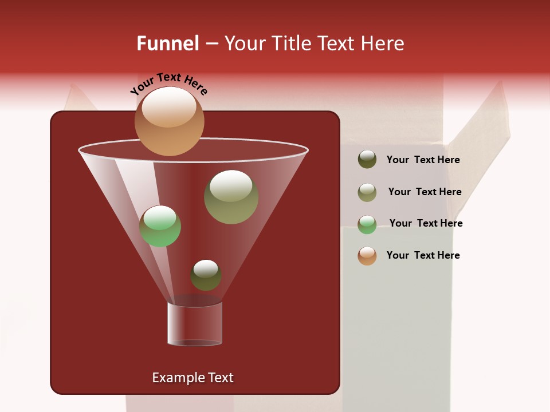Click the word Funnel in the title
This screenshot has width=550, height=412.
[167, 43]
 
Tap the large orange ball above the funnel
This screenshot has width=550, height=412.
[170, 122]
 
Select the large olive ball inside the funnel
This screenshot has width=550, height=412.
[231, 197]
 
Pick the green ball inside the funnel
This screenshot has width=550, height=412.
[160, 226]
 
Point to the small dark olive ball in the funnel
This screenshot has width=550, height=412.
[206, 275]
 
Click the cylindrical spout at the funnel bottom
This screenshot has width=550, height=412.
[195, 324]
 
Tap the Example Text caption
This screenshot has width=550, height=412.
[192, 378]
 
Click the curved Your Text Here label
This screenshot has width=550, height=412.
[169, 84]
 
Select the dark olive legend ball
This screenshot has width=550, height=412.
[367, 160]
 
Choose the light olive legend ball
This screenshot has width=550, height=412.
[367, 192]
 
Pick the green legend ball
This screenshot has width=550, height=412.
[367, 224]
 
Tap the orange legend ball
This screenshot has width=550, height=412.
[367, 256]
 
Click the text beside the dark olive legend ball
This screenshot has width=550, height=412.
[423, 160]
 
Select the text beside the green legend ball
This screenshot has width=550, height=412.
[426, 224]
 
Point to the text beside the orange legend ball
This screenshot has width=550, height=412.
[423, 255]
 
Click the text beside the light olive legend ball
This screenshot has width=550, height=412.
[425, 192]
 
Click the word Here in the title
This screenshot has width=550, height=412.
[383, 43]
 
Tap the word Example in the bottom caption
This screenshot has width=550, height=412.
[176, 378]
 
